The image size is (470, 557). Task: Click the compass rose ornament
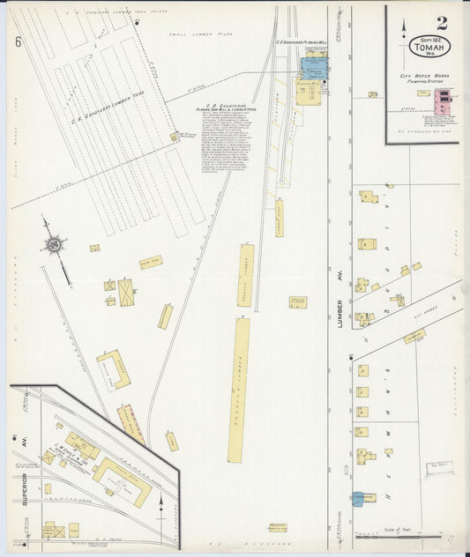point(55,243)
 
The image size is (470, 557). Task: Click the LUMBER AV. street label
point(340,313)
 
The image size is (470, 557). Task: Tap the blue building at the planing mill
point(313,65)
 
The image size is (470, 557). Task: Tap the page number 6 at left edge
point(18,41)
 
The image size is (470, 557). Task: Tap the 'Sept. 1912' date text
point(428,41)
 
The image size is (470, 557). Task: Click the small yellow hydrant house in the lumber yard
point(175,137)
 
